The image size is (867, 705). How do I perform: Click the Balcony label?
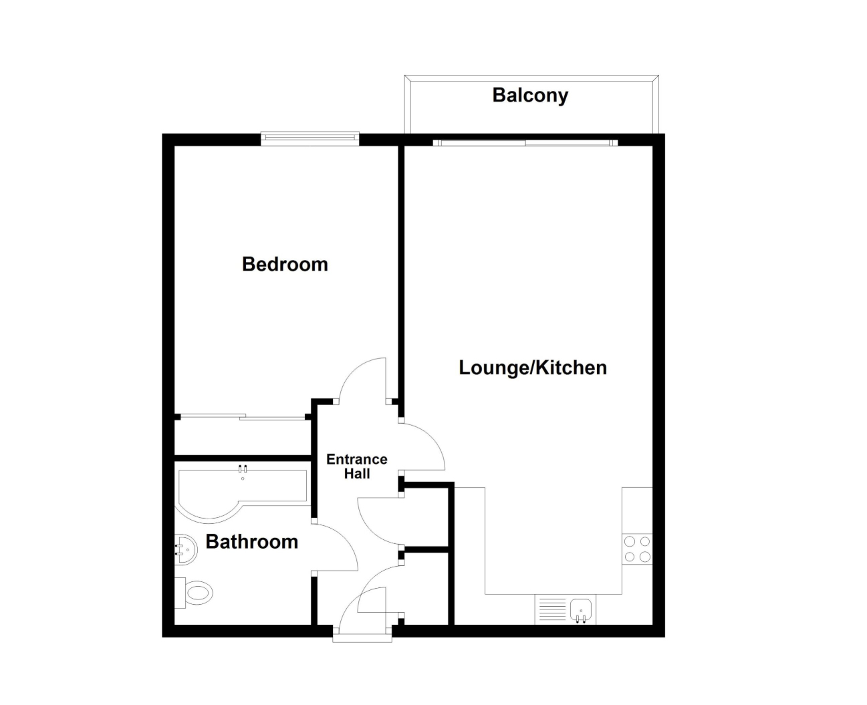[x=529, y=96]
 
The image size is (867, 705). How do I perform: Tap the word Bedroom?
[x=285, y=265]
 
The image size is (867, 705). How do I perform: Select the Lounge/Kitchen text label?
[x=533, y=368]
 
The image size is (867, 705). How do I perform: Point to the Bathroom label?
[x=251, y=542]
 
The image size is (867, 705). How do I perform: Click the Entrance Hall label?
[x=356, y=466]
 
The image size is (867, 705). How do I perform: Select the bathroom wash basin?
[x=186, y=549]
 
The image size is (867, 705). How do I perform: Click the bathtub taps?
[x=243, y=469]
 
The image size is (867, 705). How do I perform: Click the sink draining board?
[x=551, y=609]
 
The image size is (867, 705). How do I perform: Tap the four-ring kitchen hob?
[x=637, y=549]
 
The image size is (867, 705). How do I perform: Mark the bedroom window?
[x=309, y=138]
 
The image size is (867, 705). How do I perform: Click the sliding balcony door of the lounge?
[x=525, y=143]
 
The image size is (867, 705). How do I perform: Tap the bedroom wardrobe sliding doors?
[x=243, y=417]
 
